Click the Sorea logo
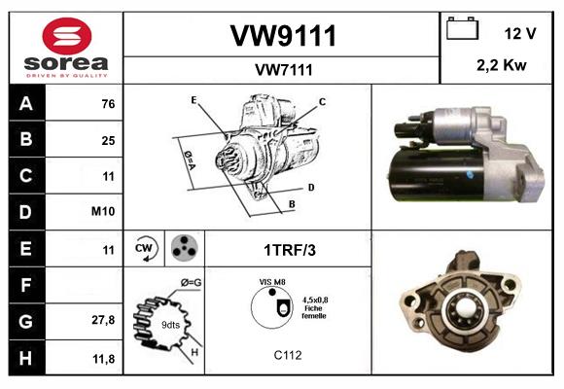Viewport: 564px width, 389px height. pyautogui.click(x=65, y=48)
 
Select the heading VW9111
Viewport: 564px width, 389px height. pyautogui.click(x=283, y=37)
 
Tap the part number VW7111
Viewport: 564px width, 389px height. pyautogui.click(x=283, y=69)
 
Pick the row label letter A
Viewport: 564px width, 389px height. pyautogui.click(x=27, y=104)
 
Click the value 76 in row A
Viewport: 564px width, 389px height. pyautogui.click(x=108, y=104)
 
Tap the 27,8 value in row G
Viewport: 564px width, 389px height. pyautogui.click(x=104, y=319)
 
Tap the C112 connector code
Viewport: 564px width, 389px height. pyautogui.click(x=288, y=356)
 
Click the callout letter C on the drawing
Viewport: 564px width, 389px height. pyautogui.click(x=322, y=101)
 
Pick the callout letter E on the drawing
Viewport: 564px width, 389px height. pyautogui.click(x=194, y=100)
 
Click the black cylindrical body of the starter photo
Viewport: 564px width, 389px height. pyautogui.click(x=428, y=175)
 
